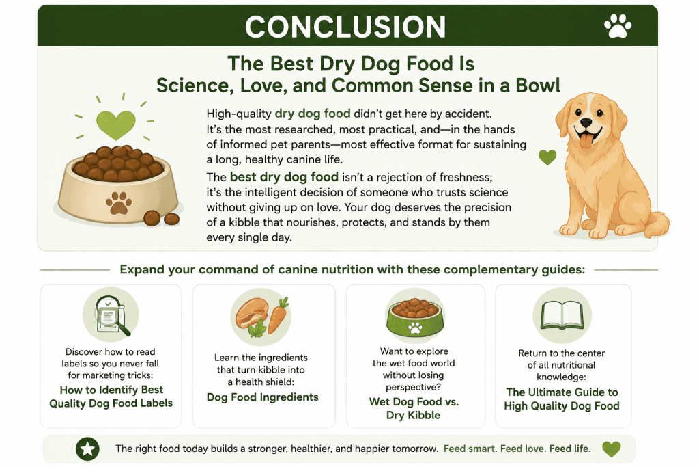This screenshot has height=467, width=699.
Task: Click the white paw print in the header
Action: pos(617,25)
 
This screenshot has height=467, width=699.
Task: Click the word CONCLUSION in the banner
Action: pos(345,27)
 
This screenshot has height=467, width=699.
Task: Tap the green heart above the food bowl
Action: pos(116,124)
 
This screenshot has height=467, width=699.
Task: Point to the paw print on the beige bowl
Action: pos(119,203)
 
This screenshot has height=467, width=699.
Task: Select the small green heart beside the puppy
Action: pos(547,157)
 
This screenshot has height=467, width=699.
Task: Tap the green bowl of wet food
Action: pos(414,317)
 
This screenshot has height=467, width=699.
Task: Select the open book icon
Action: pos(562,315)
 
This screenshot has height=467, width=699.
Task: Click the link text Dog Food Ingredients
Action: pos(263,397)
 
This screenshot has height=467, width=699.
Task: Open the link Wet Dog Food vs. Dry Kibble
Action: pos(414,408)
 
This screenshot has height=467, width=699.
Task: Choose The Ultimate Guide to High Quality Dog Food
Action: pos(562,399)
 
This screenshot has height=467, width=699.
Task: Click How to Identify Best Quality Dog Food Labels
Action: pos(111,397)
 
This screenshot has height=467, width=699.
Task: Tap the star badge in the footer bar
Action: pos(87,449)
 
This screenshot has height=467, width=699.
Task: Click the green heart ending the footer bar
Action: pos(611,449)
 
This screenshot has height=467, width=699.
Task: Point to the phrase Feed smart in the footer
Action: pos(470,449)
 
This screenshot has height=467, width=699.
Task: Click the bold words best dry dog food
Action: pos(284,177)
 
